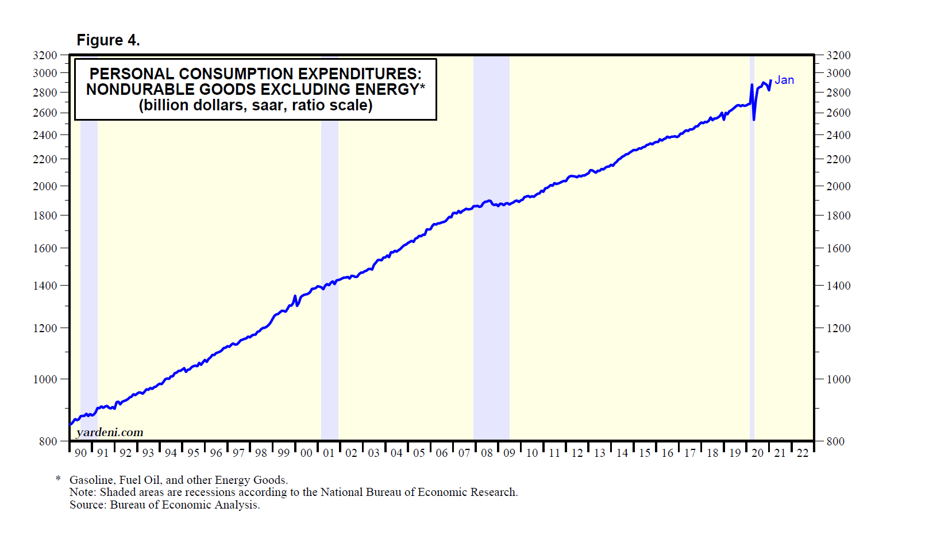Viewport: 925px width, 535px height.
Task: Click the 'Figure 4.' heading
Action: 108,40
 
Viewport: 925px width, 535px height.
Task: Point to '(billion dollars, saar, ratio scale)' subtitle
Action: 256,106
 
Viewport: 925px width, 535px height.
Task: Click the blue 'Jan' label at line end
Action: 784,80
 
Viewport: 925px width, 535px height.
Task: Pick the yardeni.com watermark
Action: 110,432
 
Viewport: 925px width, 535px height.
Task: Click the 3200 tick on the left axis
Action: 45,55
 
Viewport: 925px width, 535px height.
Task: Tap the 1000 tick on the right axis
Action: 838,379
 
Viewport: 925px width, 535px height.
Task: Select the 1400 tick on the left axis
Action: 45,286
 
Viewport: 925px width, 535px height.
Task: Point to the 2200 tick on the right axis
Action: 838,159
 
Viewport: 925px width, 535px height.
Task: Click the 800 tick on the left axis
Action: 48,441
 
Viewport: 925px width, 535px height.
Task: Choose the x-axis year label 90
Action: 80,453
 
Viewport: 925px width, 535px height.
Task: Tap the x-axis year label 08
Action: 487,453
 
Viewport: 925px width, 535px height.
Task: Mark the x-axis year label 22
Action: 803,453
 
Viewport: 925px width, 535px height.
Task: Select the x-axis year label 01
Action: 329,453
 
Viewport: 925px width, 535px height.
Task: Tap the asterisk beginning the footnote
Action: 58,479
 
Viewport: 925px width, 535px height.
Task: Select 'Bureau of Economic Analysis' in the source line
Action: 184,505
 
